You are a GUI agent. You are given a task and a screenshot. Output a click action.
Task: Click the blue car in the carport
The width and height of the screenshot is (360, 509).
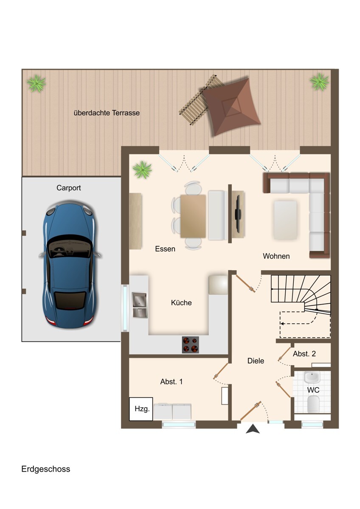coord(70,264)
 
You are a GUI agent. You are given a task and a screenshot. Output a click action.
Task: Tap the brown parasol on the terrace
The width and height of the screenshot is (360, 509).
coord(231,106)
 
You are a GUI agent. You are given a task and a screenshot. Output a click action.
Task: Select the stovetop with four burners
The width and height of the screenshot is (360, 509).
coord(190,345)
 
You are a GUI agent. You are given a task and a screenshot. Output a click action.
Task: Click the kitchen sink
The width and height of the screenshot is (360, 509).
coord(139,305)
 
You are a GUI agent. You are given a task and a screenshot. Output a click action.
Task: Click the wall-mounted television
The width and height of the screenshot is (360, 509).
coord(238,214)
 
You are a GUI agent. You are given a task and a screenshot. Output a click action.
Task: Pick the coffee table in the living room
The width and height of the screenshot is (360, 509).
coord(285,220)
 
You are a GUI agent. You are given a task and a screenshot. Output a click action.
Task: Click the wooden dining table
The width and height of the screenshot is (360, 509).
coord(193,216)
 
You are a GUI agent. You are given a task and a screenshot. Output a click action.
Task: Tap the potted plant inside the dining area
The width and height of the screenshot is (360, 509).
coord(142,169)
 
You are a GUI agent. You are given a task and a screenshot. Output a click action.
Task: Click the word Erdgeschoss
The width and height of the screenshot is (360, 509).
coord(46,469)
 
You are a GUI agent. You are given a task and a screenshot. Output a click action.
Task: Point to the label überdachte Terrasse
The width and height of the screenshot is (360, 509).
coord(107,113)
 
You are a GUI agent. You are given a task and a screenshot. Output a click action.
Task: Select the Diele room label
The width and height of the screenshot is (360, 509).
coord(256,361)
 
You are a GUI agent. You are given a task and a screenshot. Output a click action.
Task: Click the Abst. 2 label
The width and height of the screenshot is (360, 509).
coord(304,354)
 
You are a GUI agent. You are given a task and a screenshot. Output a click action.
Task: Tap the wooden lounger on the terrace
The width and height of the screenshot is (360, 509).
coord(199,100)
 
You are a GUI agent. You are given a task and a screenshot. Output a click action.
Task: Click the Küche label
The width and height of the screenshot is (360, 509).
coord(181,302)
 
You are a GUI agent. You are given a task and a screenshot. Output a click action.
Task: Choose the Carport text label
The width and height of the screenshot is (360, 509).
coord(69,188)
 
